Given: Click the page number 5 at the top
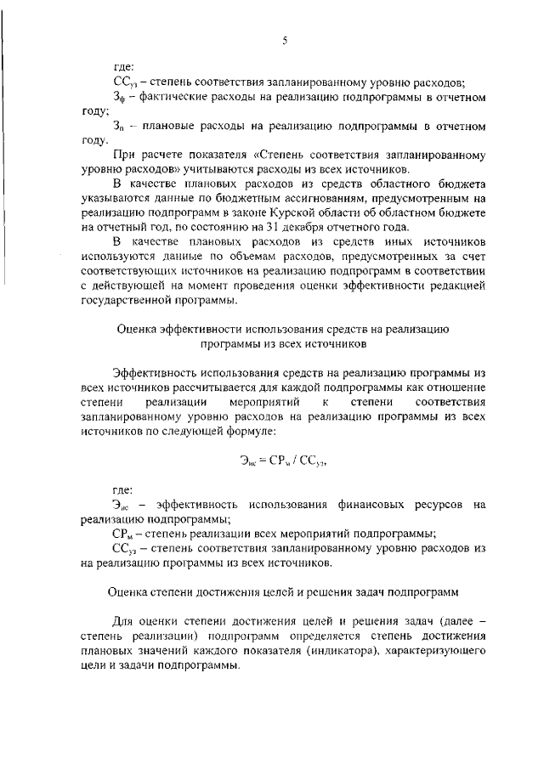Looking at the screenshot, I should pyautogui.click(x=283, y=37).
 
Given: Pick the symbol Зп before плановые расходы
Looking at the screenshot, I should pyautogui.click(x=118, y=126).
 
